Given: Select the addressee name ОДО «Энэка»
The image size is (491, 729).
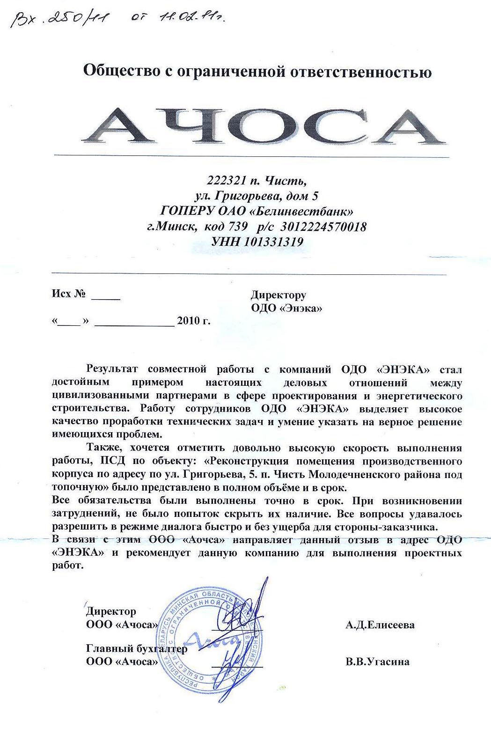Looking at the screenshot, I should click(286, 308).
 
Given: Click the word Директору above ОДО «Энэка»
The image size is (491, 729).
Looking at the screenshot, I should click(278, 295).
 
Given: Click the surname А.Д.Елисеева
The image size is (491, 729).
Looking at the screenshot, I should click(380, 625).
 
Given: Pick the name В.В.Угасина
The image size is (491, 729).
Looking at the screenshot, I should click(377, 662).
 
